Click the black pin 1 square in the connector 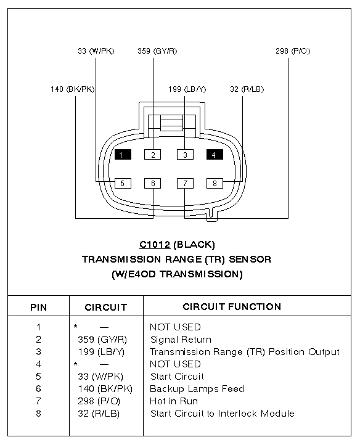coord(123,155)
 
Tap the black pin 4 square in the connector coord(215,155)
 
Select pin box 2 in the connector coord(152,155)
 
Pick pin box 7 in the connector coord(185,183)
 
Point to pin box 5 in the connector coord(123,183)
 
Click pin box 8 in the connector coord(215,183)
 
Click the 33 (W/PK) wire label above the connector coord(96,51)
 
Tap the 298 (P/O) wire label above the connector coord(293,51)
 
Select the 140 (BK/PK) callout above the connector coord(72,89)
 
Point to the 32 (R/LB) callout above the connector coord(247,89)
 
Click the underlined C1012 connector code coord(155,245)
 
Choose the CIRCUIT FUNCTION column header coord(232,307)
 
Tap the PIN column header coord(39,308)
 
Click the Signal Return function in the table coord(181,340)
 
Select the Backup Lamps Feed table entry coord(197,389)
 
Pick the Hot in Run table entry coord(174,401)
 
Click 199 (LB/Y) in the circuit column coord(101,352)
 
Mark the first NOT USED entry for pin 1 coord(175,327)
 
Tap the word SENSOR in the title coord(250,259)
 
